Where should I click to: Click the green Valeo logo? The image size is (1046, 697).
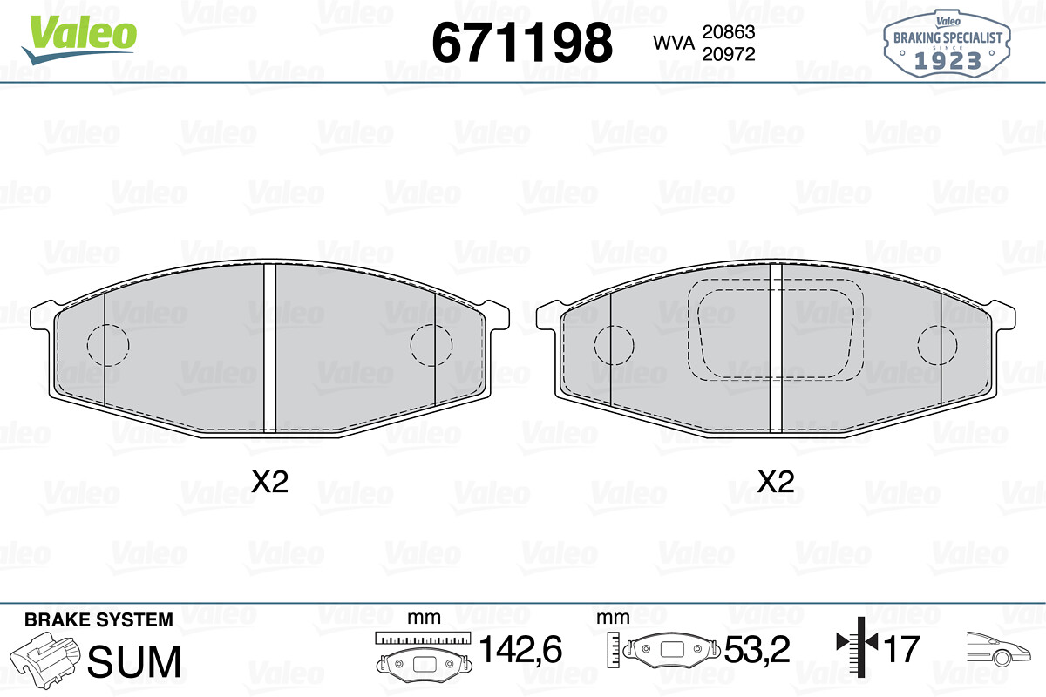click(79, 39)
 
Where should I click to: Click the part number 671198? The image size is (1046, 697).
click(522, 43)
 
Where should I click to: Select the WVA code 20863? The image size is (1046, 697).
click(729, 31)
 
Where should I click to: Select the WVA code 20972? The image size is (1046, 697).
click(729, 54)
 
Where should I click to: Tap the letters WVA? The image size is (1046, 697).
click(674, 43)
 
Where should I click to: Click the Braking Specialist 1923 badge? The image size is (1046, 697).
click(947, 44)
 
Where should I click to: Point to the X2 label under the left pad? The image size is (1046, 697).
click(269, 482)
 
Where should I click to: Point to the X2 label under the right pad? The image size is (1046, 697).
click(776, 482)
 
